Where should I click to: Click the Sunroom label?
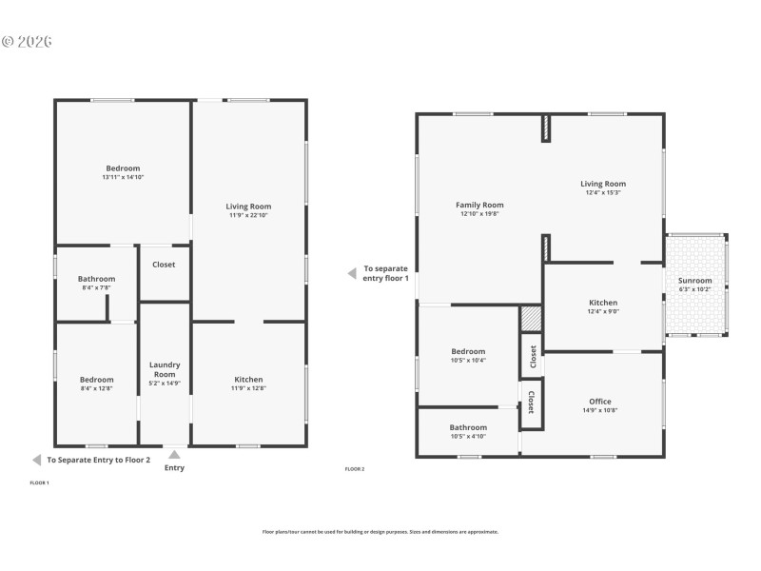pyautogui.click(x=694, y=281)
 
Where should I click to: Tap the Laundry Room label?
pyautogui.click(x=165, y=369)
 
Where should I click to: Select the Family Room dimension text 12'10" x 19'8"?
pyautogui.click(x=479, y=214)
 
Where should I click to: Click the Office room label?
pyautogui.click(x=599, y=401)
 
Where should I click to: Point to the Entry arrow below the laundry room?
pyautogui.click(x=174, y=455)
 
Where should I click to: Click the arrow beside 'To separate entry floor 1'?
pyautogui.click(x=351, y=273)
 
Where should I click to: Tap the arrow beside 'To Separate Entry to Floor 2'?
pyautogui.click(x=36, y=460)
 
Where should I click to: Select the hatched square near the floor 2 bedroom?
pyautogui.click(x=531, y=318)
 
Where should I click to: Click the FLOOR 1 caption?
pyautogui.click(x=40, y=483)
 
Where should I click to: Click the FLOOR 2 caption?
pyautogui.click(x=354, y=469)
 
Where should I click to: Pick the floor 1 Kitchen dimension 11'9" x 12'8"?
pyautogui.click(x=248, y=388)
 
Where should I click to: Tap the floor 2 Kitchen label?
pyautogui.click(x=603, y=303)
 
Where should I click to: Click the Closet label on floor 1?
pyautogui.click(x=164, y=265)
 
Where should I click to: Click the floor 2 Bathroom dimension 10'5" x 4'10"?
pyautogui.click(x=468, y=436)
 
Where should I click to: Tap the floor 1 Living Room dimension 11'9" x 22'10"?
pyautogui.click(x=248, y=215)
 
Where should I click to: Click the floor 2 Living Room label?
pyautogui.click(x=603, y=184)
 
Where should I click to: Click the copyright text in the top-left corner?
pyautogui.click(x=27, y=42)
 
